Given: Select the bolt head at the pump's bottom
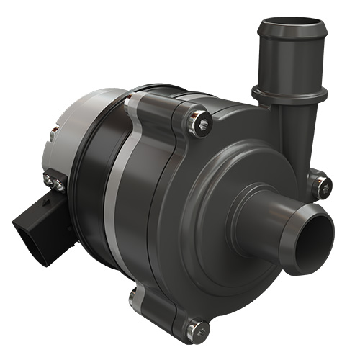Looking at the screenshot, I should [x=195, y=330].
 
